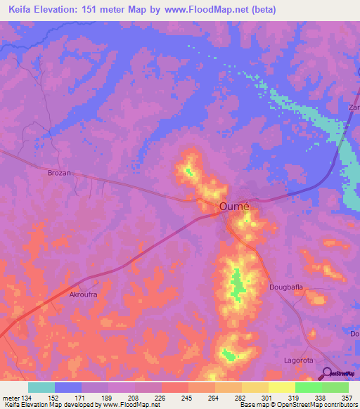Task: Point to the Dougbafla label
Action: pos(286,287)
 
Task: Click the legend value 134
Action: pos(27,398)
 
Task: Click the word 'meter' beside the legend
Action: pos(11,398)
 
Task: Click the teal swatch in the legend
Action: pos(41,387)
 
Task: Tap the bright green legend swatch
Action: pos(308,387)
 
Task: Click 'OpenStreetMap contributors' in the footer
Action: pos(321,405)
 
